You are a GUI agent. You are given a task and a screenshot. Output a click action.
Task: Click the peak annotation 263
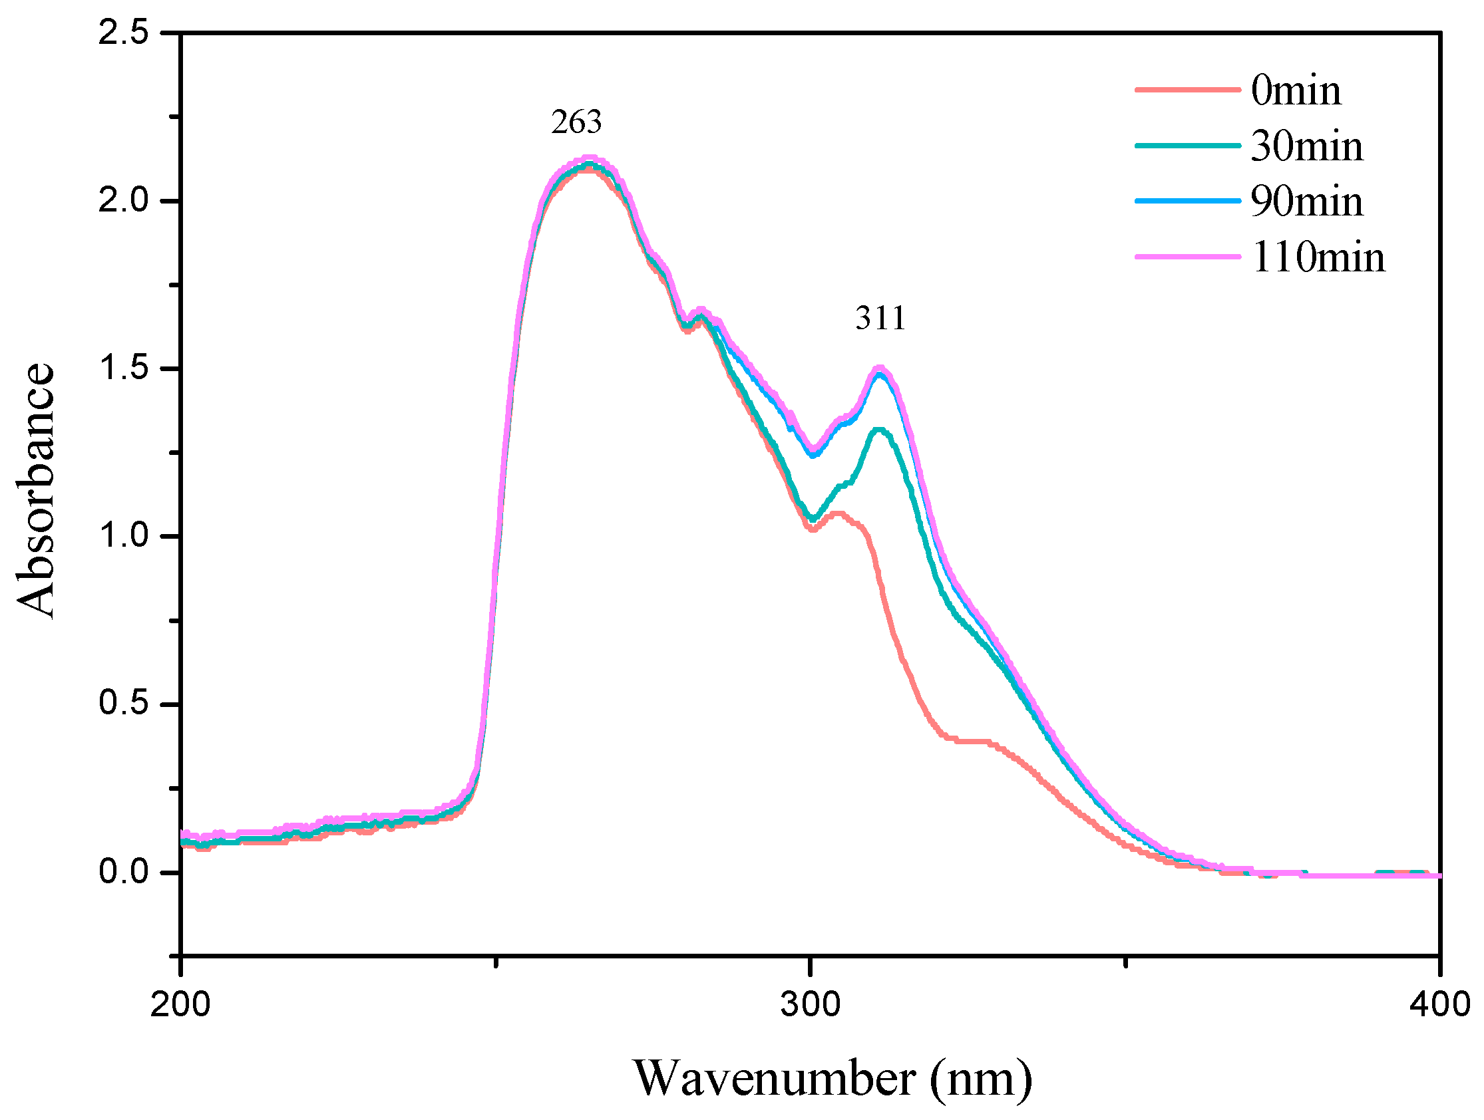tap(576, 122)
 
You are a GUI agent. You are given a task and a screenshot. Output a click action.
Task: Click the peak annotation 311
tap(880, 318)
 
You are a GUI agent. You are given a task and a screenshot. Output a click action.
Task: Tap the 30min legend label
tap(1306, 146)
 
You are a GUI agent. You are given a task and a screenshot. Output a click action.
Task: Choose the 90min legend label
tap(1306, 202)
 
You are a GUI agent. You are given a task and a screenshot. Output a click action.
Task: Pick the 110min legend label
tap(1318, 257)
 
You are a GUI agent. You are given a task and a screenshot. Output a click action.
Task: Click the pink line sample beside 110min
tap(1187, 257)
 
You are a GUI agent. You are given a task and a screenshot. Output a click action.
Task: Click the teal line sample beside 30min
tap(1187, 146)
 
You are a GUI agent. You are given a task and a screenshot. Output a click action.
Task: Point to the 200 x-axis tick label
tap(180, 1005)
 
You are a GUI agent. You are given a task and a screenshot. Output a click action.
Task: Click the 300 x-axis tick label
tap(811, 1005)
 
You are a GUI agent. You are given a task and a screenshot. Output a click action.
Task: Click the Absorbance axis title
tap(35, 490)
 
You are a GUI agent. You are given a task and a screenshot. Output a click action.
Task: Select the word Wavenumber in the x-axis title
tap(775, 1078)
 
